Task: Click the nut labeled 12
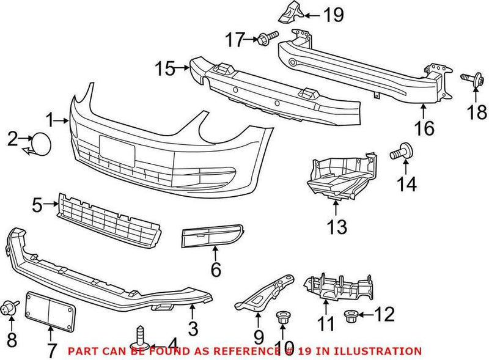[x=351, y=315]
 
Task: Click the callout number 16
[x=424, y=128]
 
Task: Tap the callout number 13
[x=336, y=227]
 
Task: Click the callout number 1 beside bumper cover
[x=49, y=120]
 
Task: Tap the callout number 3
[x=193, y=329]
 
